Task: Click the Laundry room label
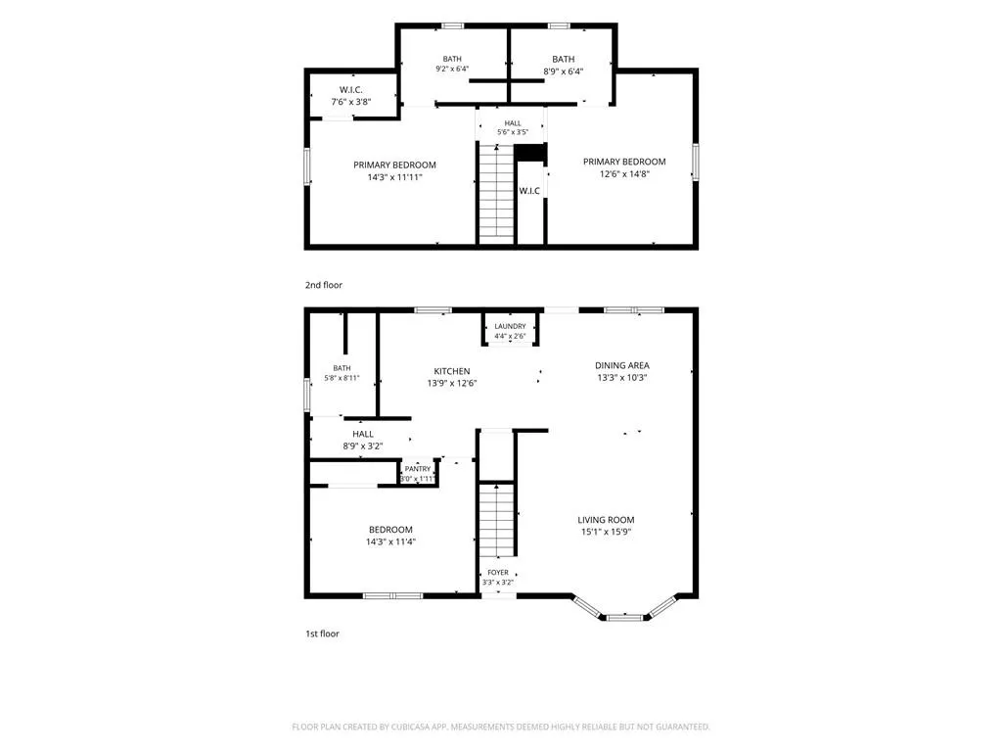[x=510, y=326]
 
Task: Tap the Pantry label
[x=418, y=469]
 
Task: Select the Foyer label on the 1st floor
[x=498, y=572]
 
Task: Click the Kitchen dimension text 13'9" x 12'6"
[x=452, y=383]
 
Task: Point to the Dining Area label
[x=621, y=365]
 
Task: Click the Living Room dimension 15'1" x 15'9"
[x=606, y=532]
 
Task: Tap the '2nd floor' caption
[x=323, y=285]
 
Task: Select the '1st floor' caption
[x=322, y=634]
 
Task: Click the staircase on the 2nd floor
[x=496, y=195]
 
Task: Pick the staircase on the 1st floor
[x=496, y=521]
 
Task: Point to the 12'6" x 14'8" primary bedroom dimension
[x=624, y=173]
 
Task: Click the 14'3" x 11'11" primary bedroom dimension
[x=394, y=177]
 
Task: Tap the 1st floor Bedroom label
[x=390, y=530]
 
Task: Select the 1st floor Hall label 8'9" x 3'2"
[x=362, y=434]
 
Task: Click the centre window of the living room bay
[x=625, y=617]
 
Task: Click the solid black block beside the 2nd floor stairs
[x=530, y=153]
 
